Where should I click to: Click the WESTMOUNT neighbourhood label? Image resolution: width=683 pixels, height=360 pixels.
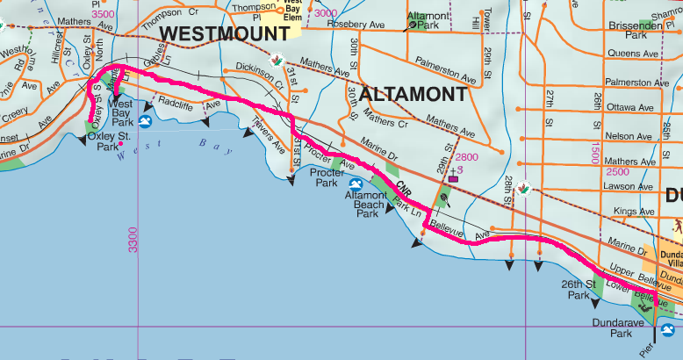pyautogui.click(x=226, y=33)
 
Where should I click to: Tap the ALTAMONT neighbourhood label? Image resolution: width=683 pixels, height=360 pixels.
pyautogui.click(x=413, y=94)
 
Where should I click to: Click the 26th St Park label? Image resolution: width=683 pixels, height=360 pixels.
pyautogui.click(x=578, y=290)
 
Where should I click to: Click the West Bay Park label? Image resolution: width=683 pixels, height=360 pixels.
pyautogui.click(x=120, y=109)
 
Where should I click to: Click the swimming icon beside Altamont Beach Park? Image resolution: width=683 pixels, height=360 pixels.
pyautogui.click(x=356, y=184)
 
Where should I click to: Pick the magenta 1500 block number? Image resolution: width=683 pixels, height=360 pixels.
pyautogui.click(x=596, y=149)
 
